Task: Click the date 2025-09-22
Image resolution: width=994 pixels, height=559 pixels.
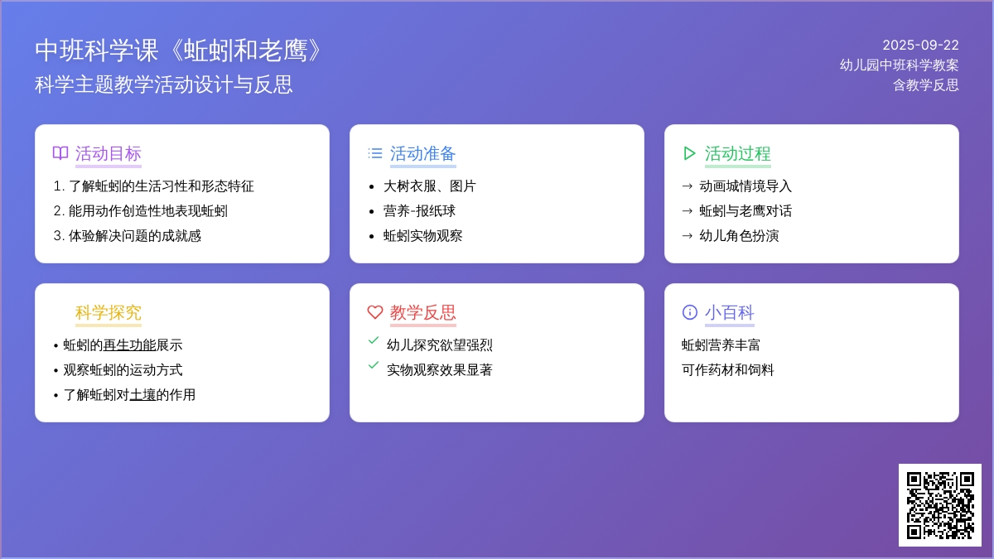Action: click(x=920, y=46)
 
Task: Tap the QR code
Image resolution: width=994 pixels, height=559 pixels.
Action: click(x=940, y=505)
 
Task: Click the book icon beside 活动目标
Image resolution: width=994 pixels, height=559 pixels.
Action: click(x=60, y=153)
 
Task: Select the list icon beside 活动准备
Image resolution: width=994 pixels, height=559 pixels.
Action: click(x=375, y=153)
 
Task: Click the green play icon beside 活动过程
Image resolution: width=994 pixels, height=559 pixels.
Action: click(x=689, y=153)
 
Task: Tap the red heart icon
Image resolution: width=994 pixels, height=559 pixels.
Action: click(x=375, y=312)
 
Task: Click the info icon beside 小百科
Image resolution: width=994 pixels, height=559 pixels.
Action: click(x=689, y=312)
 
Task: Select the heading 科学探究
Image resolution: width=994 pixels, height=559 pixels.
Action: click(x=109, y=312)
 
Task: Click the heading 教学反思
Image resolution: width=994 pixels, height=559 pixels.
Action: click(x=423, y=312)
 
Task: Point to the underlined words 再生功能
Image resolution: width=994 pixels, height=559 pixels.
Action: click(x=129, y=345)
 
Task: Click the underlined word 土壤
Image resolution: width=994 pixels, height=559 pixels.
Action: click(x=142, y=395)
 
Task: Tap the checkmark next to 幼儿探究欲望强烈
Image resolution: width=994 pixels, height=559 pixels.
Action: click(x=374, y=340)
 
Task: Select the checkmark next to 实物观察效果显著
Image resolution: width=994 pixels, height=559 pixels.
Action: click(x=374, y=365)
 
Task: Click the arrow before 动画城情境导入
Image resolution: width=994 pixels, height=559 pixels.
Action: click(x=687, y=186)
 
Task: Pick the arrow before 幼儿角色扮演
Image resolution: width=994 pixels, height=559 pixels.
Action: click(x=687, y=236)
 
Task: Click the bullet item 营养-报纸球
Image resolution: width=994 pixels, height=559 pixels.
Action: click(x=419, y=211)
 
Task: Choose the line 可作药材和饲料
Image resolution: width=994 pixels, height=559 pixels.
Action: click(x=728, y=370)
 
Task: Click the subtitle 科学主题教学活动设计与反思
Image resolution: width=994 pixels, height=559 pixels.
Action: click(x=164, y=84)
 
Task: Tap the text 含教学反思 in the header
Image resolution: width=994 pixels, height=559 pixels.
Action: click(x=926, y=85)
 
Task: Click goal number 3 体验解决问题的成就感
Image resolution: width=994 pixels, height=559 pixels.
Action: click(x=128, y=236)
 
